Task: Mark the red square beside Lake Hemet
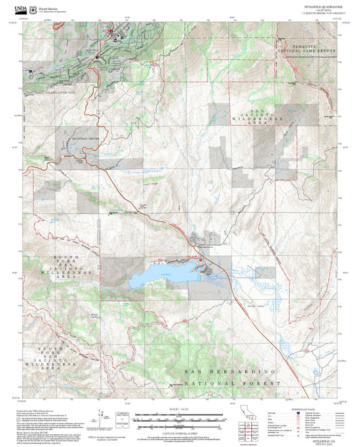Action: pyautogui.click(x=201, y=260)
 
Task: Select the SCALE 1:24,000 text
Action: pyautogui.click(x=179, y=409)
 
